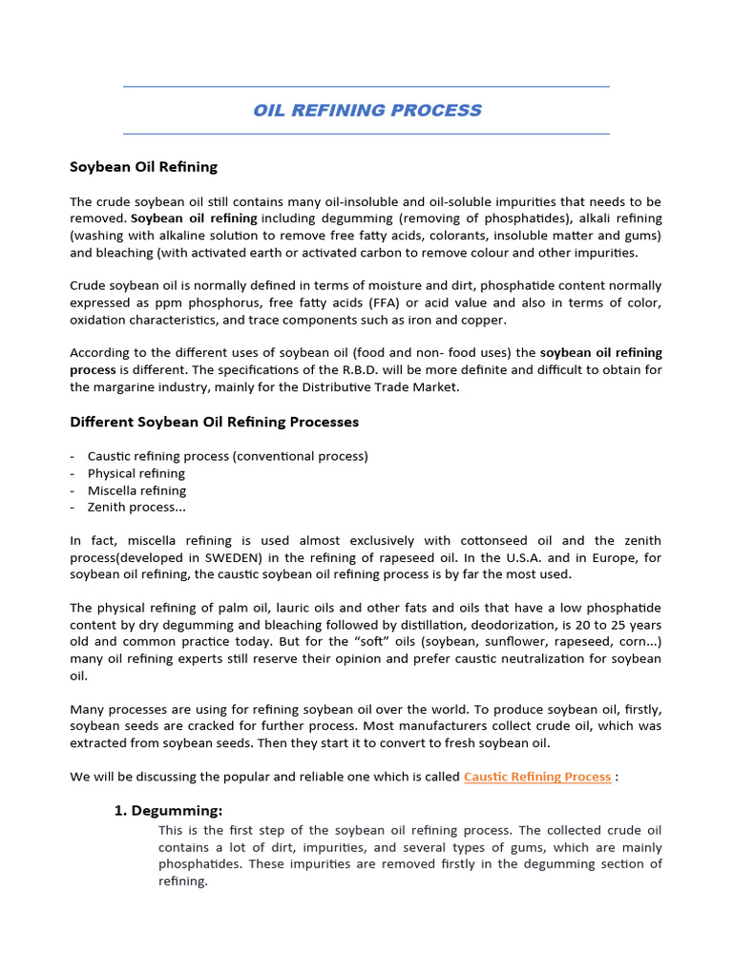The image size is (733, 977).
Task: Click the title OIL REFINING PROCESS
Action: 366,110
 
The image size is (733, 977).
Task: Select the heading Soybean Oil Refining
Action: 143,166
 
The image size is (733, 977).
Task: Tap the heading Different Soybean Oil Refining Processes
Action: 214,421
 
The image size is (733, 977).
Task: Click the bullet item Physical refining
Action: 136,473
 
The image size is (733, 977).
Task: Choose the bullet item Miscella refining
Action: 136,490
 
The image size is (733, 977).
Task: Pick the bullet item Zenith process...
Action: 136,508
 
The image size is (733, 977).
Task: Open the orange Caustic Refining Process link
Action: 536,777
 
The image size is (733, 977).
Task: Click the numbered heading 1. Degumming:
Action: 168,811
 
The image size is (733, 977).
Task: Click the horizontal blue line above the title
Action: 366,87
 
